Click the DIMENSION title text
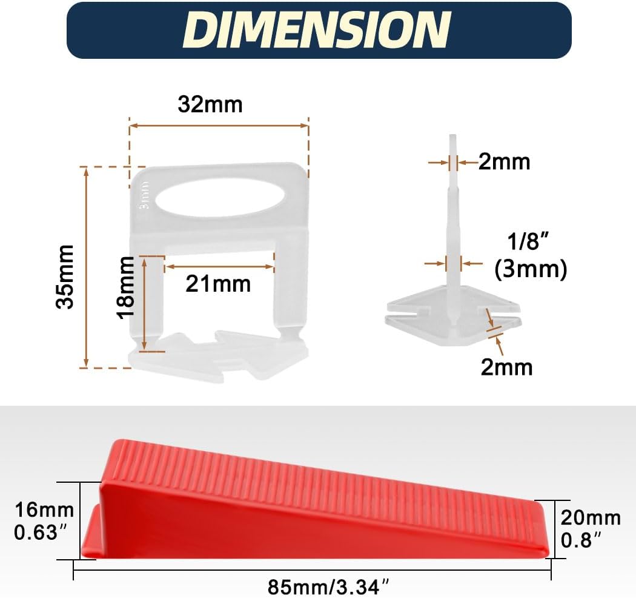[x=318, y=29]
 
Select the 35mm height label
[x=65, y=277]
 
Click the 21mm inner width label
[x=218, y=283]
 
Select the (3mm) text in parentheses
[x=531, y=269]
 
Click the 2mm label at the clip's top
[x=504, y=162]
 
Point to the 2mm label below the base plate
[x=506, y=367]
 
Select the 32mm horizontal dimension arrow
[x=219, y=126]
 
